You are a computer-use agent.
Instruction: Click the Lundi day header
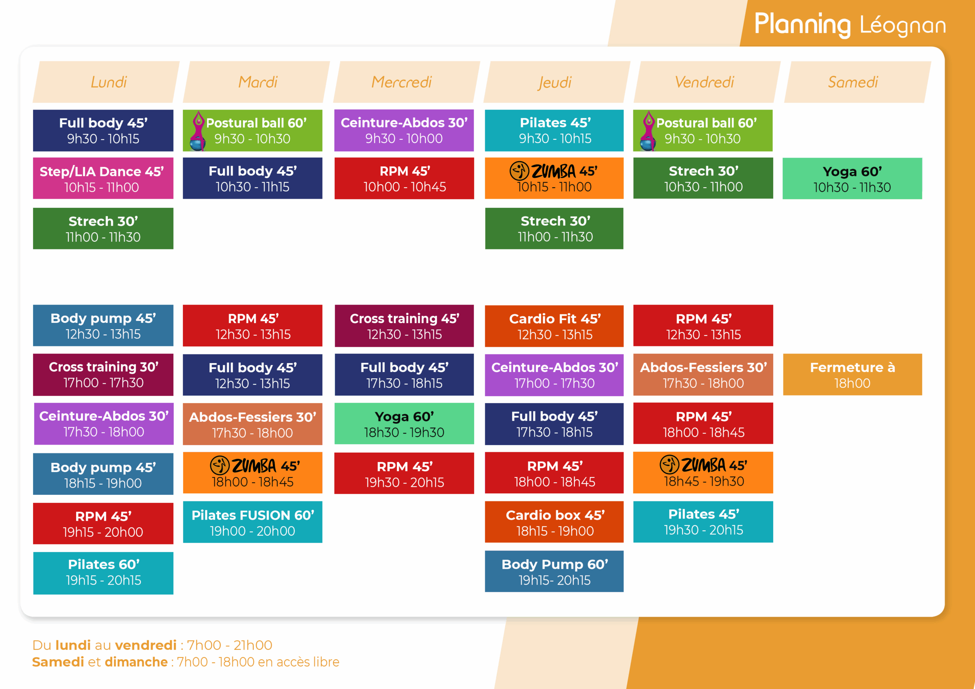pyautogui.click(x=106, y=82)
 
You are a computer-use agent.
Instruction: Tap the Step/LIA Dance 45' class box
pyautogui.click(x=103, y=178)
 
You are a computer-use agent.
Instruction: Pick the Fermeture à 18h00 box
pyautogui.click(x=852, y=375)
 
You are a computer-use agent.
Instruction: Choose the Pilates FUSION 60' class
pyautogui.click(x=253, y=522)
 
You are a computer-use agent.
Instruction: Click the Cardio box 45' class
pyautogui.click(x=554, y=522)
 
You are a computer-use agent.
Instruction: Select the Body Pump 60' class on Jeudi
pyautogui.click(x=554, y=571)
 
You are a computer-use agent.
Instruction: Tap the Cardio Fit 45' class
pyautogui.click(x=554, y=326)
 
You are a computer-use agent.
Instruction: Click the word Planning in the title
pyautogui.click(x=802, y=25)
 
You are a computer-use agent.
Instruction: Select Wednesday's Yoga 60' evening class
pyautogui.click(x=404, y=424)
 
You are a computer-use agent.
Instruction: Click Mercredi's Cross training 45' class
pyautogui.click(x=404, y=325)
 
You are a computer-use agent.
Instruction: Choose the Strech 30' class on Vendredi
pyautogui.click(x=703, y=178)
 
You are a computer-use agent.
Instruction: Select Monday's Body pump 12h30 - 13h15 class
pyautogui.click(x=103, y=325)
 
